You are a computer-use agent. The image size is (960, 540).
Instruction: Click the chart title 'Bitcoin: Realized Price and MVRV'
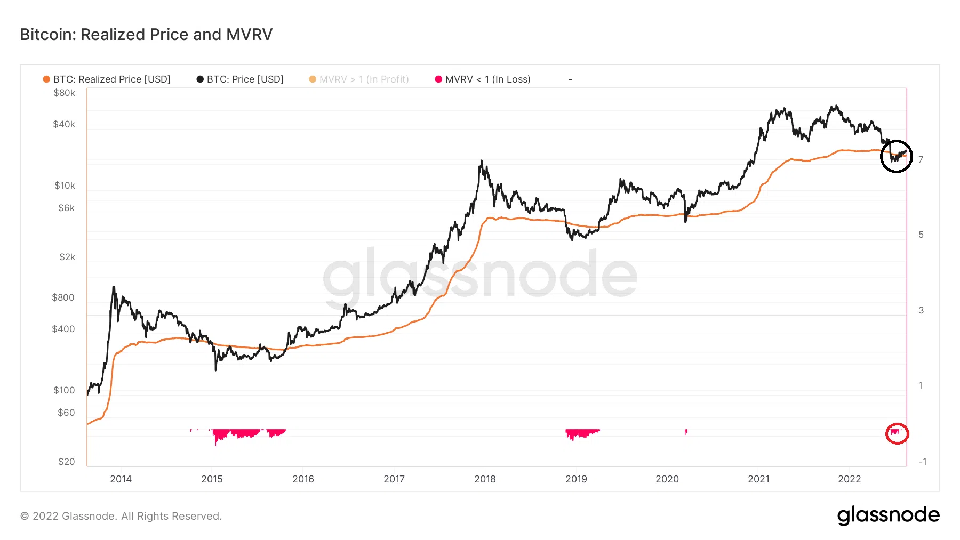[146, 35]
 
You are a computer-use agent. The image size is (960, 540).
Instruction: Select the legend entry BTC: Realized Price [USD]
[111, 79]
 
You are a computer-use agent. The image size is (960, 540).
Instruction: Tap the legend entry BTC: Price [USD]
[245, 79]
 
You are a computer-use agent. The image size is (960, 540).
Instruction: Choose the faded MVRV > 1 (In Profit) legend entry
[364, 79]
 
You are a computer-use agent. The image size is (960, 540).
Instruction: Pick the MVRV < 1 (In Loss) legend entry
[487, 79]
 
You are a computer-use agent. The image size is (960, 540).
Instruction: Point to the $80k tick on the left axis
[65, 93]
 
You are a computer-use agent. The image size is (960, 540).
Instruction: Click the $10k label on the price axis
[65, 186]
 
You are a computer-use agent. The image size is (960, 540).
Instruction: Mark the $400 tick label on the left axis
[63, 329]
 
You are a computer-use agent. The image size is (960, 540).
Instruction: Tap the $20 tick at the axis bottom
[67, 462]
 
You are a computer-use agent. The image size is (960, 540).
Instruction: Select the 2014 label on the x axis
[121, 479]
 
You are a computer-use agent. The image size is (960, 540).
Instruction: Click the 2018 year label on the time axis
[485, 479]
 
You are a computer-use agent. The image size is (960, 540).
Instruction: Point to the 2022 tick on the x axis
[849, 479]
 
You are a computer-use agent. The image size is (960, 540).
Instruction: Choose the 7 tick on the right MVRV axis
[921, 159]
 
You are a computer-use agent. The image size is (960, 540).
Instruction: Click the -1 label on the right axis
[922, 462]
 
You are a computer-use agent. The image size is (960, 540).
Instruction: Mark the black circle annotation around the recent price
[896, 156]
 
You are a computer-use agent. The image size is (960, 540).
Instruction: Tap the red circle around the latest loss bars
[897, 433]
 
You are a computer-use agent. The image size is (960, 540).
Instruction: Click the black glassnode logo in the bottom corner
[888, 515]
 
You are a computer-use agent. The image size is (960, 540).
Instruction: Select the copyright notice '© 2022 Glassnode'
[121, 516]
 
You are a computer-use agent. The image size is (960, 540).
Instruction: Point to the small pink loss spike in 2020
[686, 432]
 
